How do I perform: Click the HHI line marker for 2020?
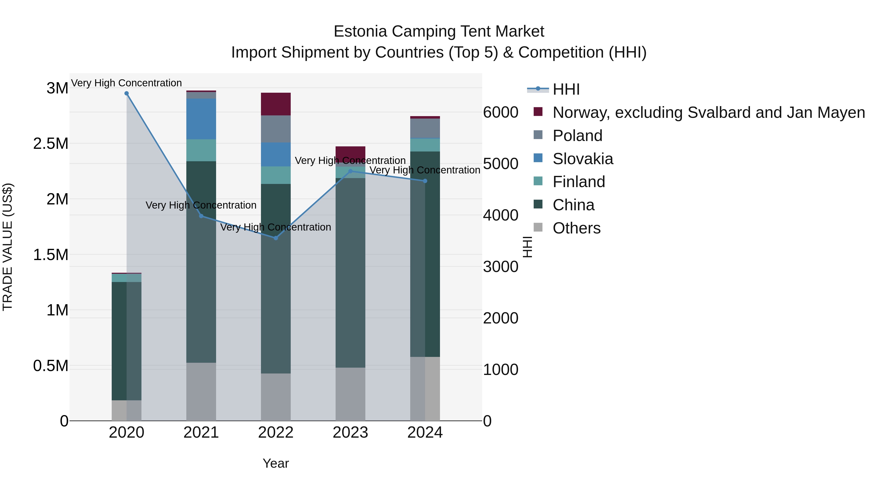126,93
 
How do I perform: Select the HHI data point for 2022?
276,238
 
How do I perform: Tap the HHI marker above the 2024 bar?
425,181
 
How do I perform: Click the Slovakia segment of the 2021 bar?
201,119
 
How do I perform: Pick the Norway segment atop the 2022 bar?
276,104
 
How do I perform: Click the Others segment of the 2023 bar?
350,394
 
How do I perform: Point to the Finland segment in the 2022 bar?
276,175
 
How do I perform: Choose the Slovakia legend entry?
583,159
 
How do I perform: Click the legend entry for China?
573,205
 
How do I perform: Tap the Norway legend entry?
708,112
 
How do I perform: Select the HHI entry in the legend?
566,89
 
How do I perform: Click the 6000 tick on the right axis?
501,112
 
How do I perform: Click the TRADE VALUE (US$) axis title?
8,247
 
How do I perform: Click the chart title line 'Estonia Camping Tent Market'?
439,31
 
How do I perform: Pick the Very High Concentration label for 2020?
126,83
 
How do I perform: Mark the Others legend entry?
576,228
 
